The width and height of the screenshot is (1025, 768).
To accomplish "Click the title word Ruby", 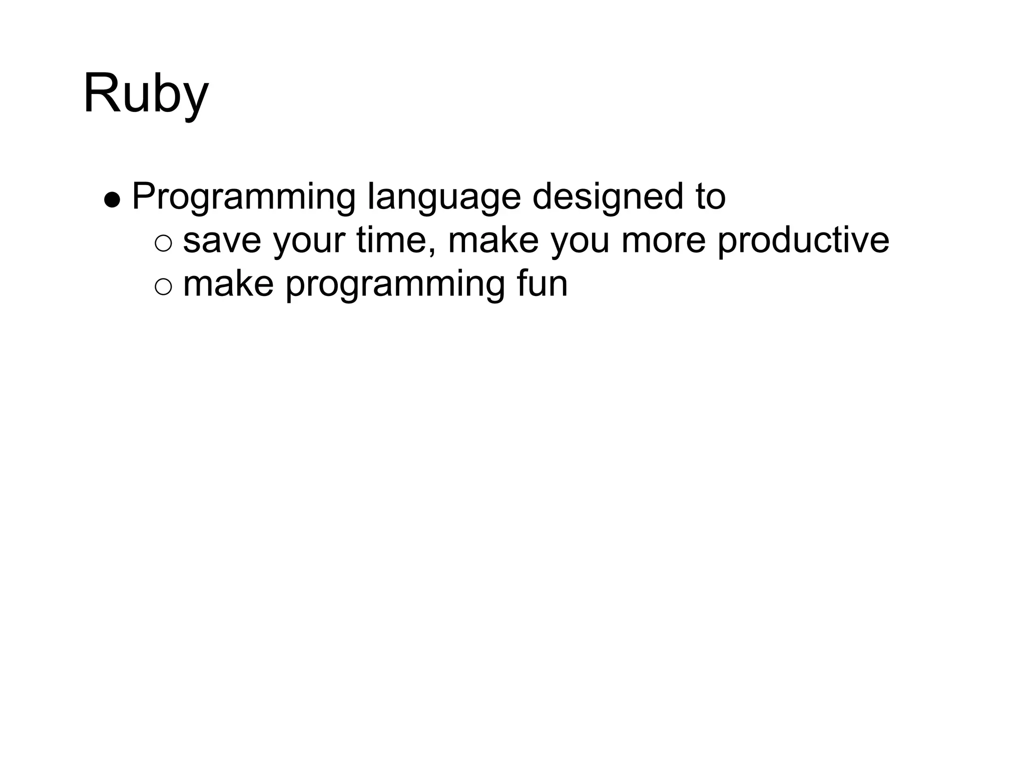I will pyautogui.click(x=146, y=94).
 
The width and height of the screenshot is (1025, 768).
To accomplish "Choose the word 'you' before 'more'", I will pyautogui.click(x=580, y=241).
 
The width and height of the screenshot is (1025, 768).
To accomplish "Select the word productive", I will pyautogui.click(x=803, y=240).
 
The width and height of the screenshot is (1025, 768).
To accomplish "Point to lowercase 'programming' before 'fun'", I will pyautogui.click(x=395, y=284).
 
